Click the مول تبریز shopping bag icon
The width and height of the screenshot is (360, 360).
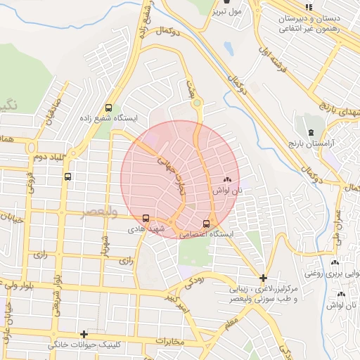coord(226,3)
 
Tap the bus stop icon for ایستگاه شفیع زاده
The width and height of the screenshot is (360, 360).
coord(108,108)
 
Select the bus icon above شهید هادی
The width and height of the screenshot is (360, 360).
coord(146,218)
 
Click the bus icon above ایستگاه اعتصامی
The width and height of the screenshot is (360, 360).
coord(206,224)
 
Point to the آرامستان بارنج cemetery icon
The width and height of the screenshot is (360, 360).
coord(310,132)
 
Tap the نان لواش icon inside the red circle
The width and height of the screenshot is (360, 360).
coord(227,180)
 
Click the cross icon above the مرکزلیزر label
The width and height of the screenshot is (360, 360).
coord(263,278)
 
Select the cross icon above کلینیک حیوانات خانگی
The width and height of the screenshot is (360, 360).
coord(84,334)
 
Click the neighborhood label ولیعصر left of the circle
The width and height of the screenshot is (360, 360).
coord(98,212)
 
